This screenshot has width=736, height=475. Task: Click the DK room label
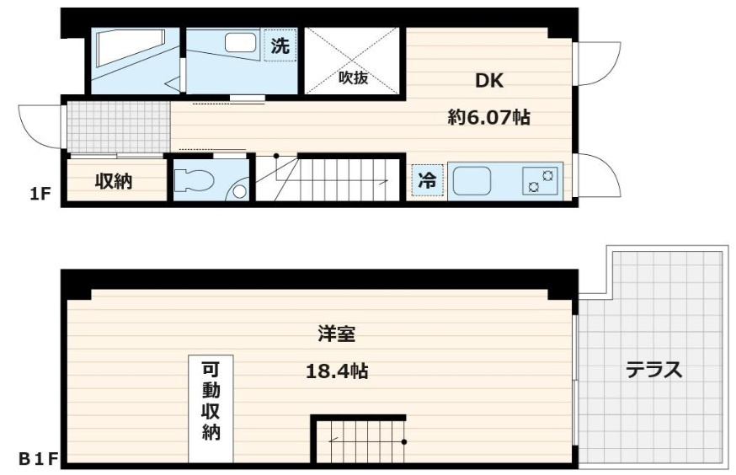[489, 81]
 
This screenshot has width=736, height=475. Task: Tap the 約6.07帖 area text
[489, 117]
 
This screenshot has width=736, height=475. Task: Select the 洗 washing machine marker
[280, 45]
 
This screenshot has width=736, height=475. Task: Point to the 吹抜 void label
[353, 78]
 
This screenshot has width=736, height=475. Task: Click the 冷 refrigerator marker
[428, 180]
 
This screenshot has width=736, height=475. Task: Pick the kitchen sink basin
[472, 182]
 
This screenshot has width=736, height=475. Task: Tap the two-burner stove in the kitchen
[541, 182]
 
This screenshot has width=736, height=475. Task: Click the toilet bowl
[194, 180]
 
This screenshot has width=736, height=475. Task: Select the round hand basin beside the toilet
[240, 191]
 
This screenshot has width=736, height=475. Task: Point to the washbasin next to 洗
[240, 43]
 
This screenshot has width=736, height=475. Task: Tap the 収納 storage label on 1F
[114, 181]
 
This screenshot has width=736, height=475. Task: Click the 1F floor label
[40, 194]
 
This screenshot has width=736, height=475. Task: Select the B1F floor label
[38, 458]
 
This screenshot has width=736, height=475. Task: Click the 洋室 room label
[337, 334]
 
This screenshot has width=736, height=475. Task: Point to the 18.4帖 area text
[337, 371]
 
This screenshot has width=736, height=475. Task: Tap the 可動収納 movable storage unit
[211, 408]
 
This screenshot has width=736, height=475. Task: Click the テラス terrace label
[653, 371]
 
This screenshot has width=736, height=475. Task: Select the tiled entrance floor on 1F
[118, 126]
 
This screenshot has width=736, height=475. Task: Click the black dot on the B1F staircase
[404, 441]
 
